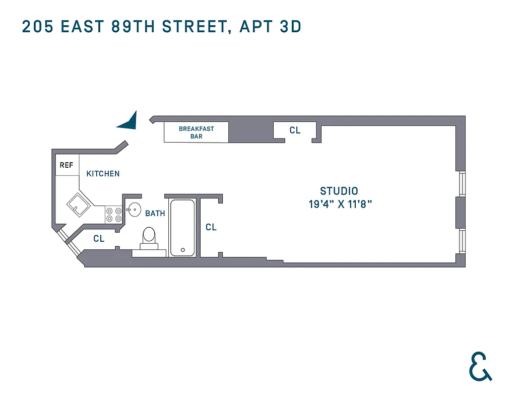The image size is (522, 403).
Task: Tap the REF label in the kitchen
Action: [x=67, y=165]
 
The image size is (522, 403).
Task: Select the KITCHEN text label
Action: [x=103, y=174]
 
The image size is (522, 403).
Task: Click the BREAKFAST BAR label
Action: [x=197, y=132]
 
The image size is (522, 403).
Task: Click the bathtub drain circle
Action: [x=183, y=250]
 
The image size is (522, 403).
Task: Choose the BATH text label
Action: [x=155, y=214]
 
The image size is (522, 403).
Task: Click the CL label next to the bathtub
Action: [x=211, y=228]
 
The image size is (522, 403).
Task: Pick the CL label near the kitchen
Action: [x=99, y=239]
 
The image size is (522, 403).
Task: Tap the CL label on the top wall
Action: [x=295, y=130]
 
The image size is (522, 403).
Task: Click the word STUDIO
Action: [x=339, y=191]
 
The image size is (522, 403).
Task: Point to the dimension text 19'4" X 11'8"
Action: [x=340, y=205]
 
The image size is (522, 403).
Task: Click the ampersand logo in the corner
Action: [x=480, y=367]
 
